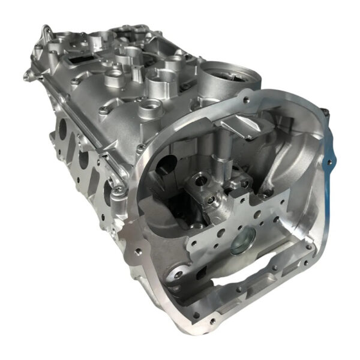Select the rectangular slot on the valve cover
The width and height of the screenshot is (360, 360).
[x=81, y=59]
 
